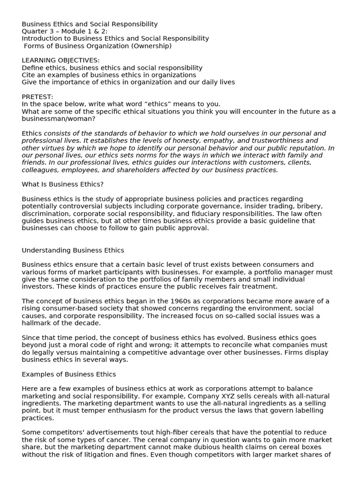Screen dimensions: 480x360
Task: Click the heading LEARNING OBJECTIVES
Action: (60, 60)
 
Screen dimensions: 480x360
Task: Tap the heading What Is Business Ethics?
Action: (62, 184)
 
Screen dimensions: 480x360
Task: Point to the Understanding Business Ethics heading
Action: (73, 250)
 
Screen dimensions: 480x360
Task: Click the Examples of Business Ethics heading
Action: (68, 375)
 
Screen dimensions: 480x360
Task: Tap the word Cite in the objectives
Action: (29, 75)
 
